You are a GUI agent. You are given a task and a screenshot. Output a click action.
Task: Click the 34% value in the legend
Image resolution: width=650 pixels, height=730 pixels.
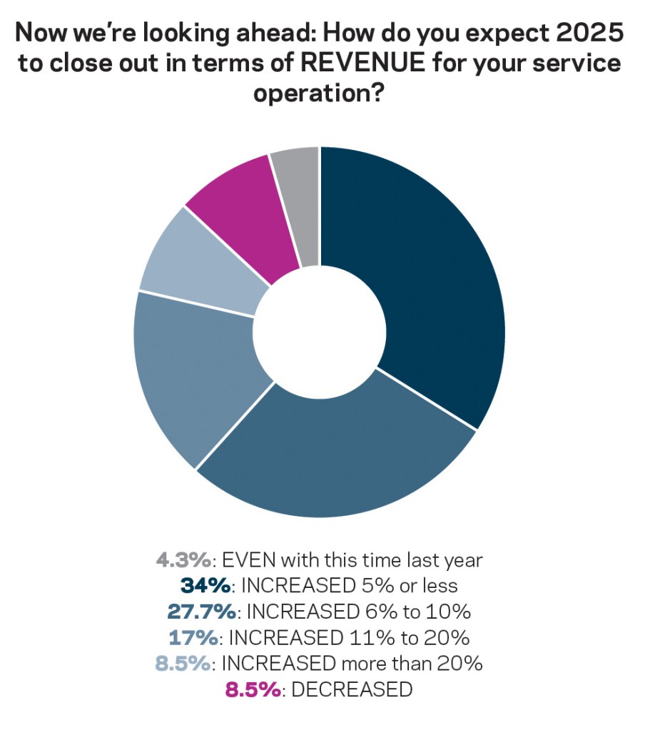[x=205, y=586]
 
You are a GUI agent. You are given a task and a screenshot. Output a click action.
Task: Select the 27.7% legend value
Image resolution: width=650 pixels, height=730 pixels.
[x=202, y=612]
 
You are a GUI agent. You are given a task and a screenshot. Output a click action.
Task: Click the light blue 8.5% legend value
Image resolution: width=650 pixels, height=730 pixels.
[x=183, y=663]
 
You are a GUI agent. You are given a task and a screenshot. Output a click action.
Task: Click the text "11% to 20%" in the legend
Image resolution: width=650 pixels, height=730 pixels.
[x=412, y=637]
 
